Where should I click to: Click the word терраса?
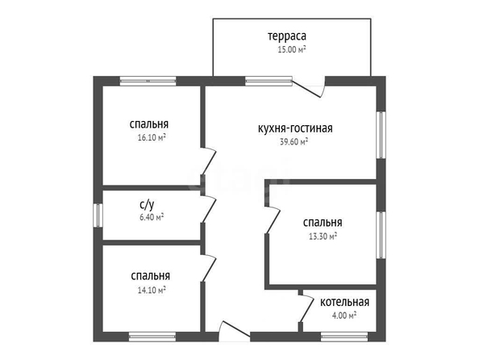tap(287, 36)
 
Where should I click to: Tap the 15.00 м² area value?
tap(292, 49)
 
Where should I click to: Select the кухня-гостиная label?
tap(295, 128)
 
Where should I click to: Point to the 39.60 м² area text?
tap(294, 142)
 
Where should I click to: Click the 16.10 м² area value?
tap(152, 138)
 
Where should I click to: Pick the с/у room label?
tap(147, 205)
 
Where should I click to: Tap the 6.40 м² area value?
tap(152, 217)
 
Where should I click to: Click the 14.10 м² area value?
tap(152, 290)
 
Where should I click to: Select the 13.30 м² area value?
tap(323, 237)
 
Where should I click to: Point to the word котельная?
tap(344, 302)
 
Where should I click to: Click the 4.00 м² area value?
tap(344, 315)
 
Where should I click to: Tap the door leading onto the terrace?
tap(308, 87)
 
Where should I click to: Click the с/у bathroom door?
tap(209, 209)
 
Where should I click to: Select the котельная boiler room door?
tap(306, 308)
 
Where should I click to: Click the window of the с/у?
tap(98, 216)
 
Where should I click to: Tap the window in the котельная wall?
tap(344, 337)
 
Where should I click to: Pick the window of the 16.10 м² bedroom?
tap(148, 81)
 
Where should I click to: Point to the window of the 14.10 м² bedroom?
tap(152, 337)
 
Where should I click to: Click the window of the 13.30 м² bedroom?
tap(381, 235)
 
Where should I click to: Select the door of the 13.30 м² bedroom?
tap(273, 220)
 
